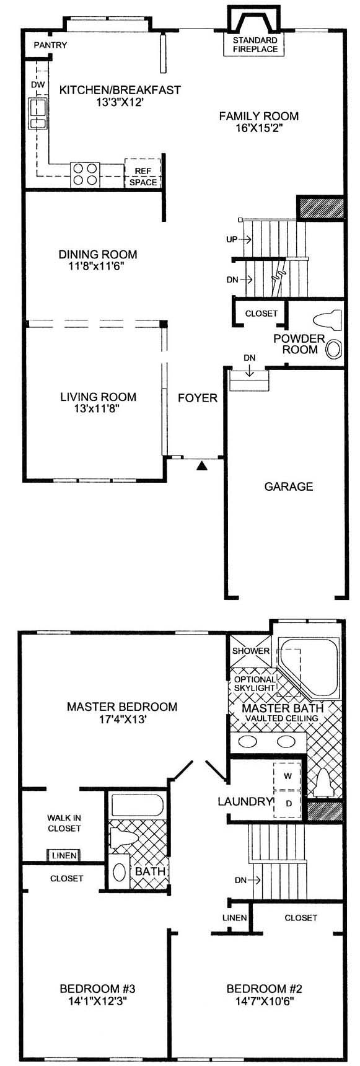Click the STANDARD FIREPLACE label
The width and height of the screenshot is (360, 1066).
[255, 45]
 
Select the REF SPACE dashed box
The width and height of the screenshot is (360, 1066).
[143, 173]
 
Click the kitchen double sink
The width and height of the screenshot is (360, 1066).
[38, 113]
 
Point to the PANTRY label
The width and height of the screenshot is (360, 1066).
[50, 45]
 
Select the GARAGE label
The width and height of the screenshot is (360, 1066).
[289, 487]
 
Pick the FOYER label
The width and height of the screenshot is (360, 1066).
[198, 397]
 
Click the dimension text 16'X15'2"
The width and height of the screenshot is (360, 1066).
[259, 128]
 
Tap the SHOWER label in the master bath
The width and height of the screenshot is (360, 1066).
[251, 651]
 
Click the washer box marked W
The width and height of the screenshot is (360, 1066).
[288, 775]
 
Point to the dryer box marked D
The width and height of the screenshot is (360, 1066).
[288, 802]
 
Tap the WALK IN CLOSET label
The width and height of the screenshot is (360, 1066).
[64, 823]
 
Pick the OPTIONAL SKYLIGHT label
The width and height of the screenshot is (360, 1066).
[254, 684]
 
